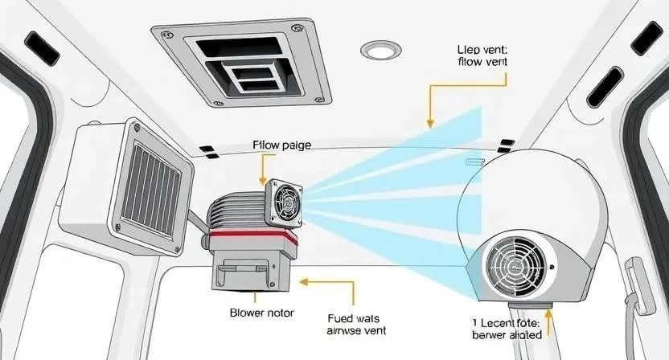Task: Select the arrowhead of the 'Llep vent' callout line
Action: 431,125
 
